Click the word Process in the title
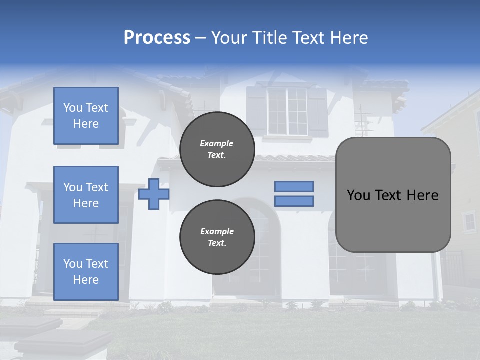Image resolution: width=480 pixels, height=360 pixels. pos(157,38)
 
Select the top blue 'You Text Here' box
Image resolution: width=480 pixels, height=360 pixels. pos(86,116)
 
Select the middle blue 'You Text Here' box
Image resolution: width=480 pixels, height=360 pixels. pos(86,195)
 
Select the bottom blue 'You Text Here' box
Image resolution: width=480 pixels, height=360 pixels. pos(86,271)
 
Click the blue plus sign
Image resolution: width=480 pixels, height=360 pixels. pos(153,194)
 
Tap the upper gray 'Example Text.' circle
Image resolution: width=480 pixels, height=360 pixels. pos(217,149)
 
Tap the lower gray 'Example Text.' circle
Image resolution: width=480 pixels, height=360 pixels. pos(217,237)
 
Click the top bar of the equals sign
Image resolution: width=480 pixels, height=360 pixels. pos(294,186)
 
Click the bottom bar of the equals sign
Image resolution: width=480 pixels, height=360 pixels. pos(294,201)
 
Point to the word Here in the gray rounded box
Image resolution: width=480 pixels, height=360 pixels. pos(422,195)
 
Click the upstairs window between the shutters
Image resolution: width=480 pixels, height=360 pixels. pos(287,111)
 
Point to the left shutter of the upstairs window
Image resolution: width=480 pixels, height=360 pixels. pos(256,111)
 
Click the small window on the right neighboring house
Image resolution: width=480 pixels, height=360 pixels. pos(469,221)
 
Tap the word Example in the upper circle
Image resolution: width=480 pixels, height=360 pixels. pos(217,143)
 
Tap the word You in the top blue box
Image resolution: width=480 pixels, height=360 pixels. pos(73,108)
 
